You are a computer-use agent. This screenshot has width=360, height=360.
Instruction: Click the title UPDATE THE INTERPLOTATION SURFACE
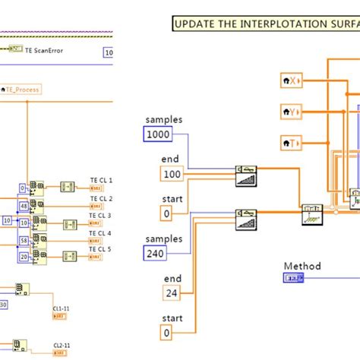point(265,23)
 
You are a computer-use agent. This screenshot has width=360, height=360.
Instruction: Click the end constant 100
point(172,174)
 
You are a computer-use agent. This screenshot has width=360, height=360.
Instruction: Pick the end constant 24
point(171,292)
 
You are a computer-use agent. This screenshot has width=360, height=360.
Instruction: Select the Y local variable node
point(291,112)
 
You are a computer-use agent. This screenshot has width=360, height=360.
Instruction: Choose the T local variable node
point(291,142)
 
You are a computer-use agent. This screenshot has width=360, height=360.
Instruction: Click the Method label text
point(302,267)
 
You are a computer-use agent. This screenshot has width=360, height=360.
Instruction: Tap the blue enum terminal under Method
point(294,279)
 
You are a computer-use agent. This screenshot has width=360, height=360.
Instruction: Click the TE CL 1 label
point(100,180)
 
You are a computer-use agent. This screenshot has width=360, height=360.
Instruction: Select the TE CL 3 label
point(100,216)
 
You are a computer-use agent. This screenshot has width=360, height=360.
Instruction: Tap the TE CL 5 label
point(100,249)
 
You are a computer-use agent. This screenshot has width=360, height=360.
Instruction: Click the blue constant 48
point(24,206)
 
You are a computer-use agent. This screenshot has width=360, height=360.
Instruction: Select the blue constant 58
point(24,240)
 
